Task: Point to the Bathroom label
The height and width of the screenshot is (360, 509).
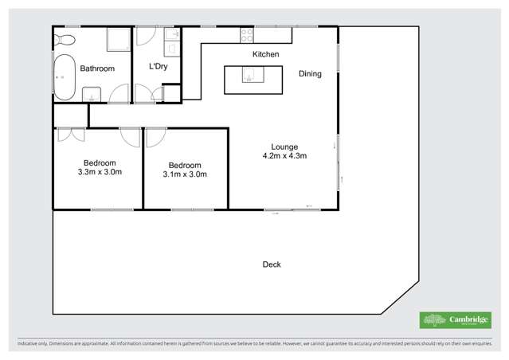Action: pos(98,69)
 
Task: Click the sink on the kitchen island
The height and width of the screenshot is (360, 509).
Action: pos(249,77)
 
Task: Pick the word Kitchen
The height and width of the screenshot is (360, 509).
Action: pos(265,54)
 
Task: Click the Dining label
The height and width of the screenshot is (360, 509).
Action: pos(310,74)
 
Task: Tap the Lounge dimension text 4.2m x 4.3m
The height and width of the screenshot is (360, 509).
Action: pos(284,156)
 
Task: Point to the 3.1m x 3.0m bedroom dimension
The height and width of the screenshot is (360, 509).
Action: pos(185,174)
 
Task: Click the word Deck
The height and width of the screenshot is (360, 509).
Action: pos(271,264)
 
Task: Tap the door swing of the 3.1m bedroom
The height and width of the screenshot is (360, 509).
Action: pos(153,136)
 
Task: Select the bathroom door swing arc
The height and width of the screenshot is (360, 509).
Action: pos(119,95)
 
